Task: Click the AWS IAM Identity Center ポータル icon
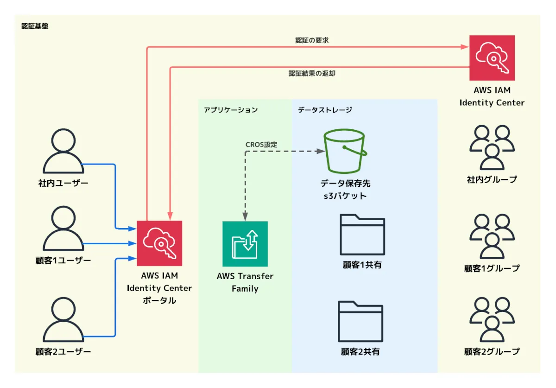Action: coord(159,243)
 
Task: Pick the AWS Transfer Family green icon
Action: coord(245,243)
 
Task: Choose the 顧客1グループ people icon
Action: coord(492,236)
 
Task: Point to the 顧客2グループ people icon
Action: coord(492,320)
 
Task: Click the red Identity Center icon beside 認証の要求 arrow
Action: coord(492,58)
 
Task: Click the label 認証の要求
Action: coord(312,40)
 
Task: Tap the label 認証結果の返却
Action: coord(312,73)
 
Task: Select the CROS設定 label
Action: coord(261,145)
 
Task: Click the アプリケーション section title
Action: coord(231,110)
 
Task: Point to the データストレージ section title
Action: coord(325,110)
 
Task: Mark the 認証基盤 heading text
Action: coord(35,26)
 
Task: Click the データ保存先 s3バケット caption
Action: coord(345,190)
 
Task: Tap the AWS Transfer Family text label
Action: coord(245,282)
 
